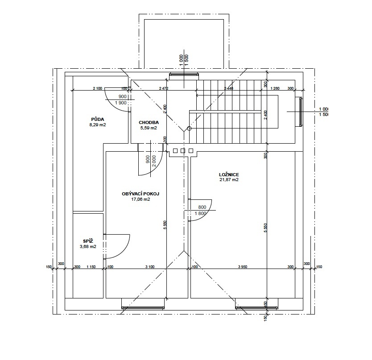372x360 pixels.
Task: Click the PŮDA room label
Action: click(98, 120)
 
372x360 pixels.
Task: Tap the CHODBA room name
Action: click(149, 123)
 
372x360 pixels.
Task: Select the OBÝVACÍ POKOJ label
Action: click(141, 194)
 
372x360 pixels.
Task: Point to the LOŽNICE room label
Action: click(229, 175)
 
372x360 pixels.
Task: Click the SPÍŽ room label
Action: click(88, 242)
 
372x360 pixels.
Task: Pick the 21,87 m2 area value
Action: click(229, 180)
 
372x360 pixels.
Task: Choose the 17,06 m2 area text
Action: click(141, 199)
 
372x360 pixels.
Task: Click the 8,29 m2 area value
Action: click(98, 125)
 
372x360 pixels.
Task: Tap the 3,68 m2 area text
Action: click(88, 247)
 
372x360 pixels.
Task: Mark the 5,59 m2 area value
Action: click(149, 128)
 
